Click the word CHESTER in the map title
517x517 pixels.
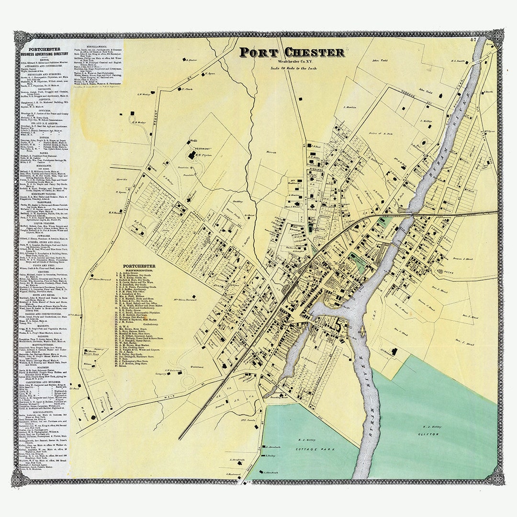[x=314, y=52]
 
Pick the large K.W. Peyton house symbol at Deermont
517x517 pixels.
[x=192, y=155]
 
